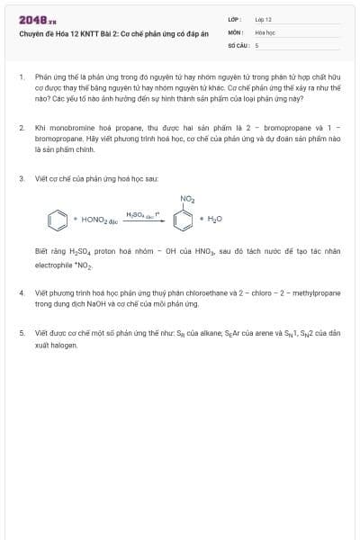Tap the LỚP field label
point(233,19)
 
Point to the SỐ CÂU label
point(237,44)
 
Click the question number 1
point(22,78)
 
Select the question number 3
point(22,179)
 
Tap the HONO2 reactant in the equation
point(100,220)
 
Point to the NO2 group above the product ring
point(187,198)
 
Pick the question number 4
point(22,293)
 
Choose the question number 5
point(22,332)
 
